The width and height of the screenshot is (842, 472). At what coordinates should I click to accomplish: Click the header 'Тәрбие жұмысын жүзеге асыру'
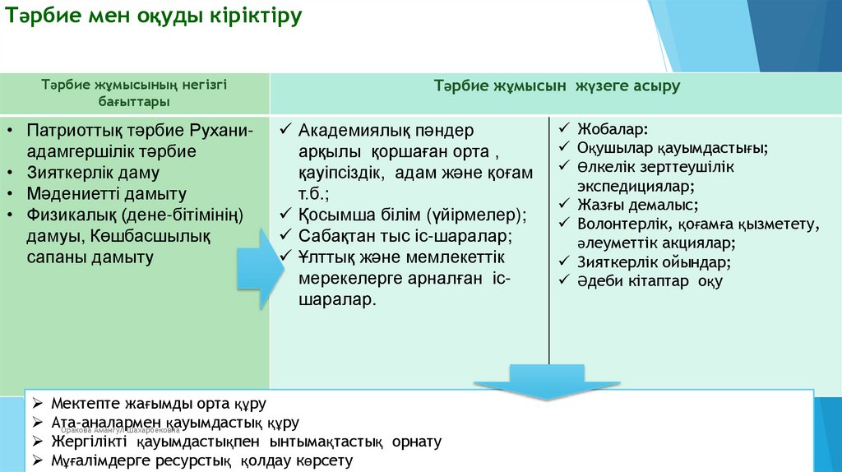(x=557, y=86)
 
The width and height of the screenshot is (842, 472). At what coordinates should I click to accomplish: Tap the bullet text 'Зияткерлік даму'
(x=93, y=174)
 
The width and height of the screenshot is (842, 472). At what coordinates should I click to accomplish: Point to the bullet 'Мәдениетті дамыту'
(x=106, y=195)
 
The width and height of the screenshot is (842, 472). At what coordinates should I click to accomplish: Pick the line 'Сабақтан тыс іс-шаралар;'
(x=405, y=237)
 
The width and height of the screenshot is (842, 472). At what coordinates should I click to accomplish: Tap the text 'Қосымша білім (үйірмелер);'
(x=411, y=215)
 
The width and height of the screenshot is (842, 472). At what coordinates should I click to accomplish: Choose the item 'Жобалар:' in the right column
(x=612, y=129)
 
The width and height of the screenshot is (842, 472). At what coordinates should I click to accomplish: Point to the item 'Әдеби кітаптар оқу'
(x=650, y=281)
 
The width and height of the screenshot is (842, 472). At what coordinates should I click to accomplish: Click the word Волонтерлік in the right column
(x=622, y=224)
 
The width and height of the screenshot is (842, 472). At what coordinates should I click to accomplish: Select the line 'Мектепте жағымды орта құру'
(x=159, y=405)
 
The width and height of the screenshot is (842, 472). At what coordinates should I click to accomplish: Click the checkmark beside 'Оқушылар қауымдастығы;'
(x=564, y=148)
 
